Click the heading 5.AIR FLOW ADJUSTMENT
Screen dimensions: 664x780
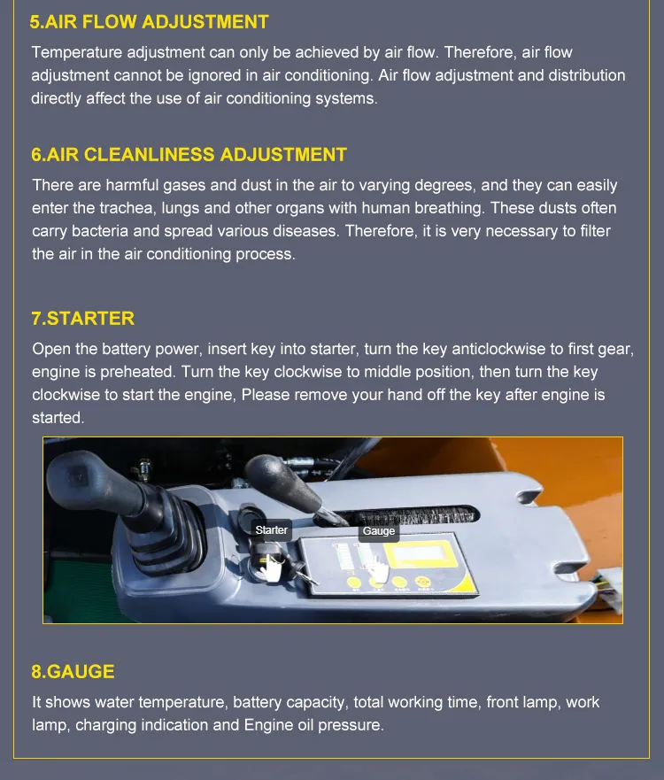(x=150, y=22)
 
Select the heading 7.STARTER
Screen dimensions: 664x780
(x=82, y=319)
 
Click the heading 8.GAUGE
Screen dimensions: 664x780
(x=73, y=672)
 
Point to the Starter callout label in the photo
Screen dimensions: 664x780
(x=272, y=530)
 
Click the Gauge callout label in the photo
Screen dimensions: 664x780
(x=379, y=531)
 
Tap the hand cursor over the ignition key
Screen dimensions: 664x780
(x=271, y=568)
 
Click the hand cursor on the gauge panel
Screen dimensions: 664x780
(x=379, y=570)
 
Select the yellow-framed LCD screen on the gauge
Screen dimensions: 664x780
(x=421, y=553)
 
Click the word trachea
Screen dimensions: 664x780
(x=127, y=208)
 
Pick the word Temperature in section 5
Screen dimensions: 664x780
(x=77, y=53)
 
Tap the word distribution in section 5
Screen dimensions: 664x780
(x=587, y=75)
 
